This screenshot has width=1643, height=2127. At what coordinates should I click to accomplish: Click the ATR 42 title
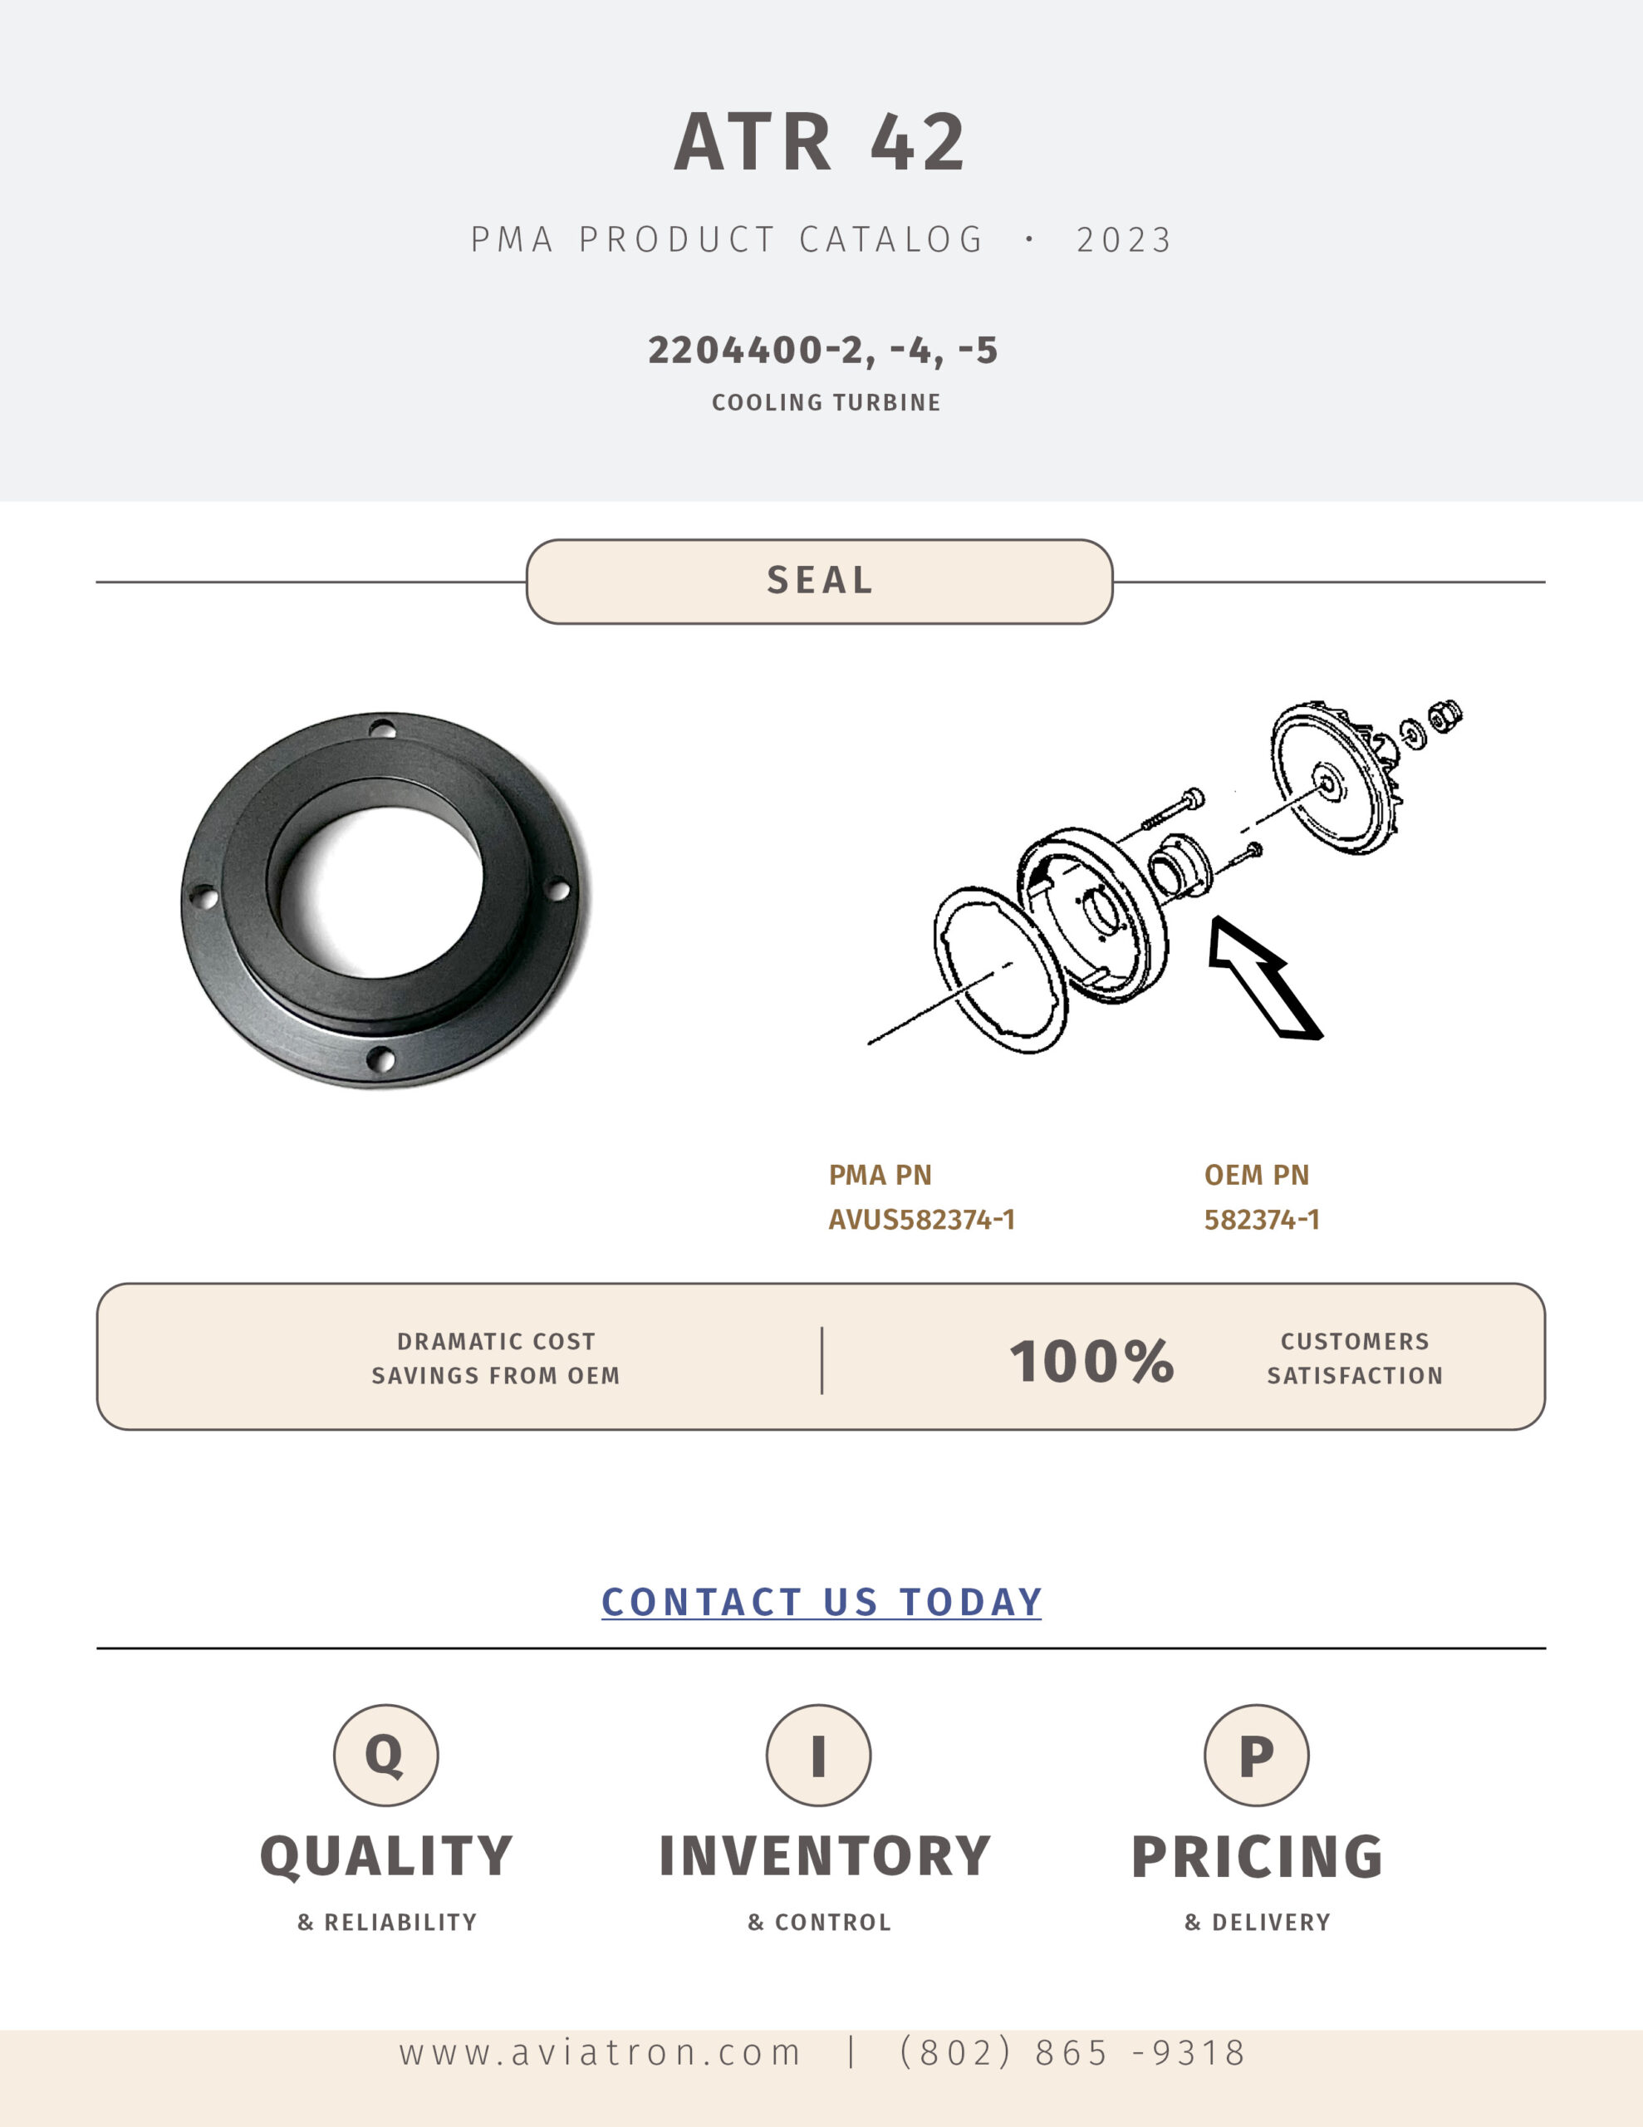coord(820,142)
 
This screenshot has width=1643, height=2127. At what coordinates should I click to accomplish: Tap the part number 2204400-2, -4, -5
coord(823,351)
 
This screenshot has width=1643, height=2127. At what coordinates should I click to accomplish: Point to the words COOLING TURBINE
coord(826,402)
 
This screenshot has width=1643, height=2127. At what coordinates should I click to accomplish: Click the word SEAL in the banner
coord(820,581)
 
